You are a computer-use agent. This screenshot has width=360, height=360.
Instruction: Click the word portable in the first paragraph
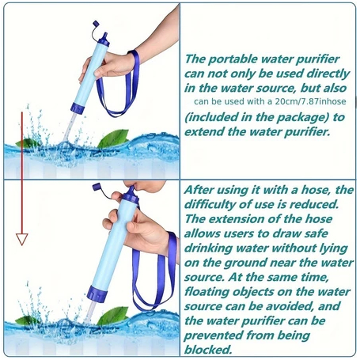[232, 59]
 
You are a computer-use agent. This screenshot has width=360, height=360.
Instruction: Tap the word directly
[328, 74]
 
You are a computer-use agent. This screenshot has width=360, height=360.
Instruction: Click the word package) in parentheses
[301, 117]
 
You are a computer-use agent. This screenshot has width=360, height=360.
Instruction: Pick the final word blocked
[208, 350]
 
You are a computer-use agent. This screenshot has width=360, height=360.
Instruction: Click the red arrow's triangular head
[22, 239]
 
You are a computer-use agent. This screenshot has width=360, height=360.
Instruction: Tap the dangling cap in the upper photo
[96, 25]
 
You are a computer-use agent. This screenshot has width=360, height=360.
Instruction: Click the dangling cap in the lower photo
[97, 187]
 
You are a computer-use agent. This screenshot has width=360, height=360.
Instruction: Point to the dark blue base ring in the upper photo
[78, 108]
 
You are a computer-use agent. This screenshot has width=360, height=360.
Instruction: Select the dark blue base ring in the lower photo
[97, 294]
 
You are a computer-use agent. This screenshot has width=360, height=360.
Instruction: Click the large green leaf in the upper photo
[112, 138]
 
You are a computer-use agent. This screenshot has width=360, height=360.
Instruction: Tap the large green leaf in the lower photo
[112, 316]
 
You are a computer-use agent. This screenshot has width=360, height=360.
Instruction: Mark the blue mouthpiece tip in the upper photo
[104, 36]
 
